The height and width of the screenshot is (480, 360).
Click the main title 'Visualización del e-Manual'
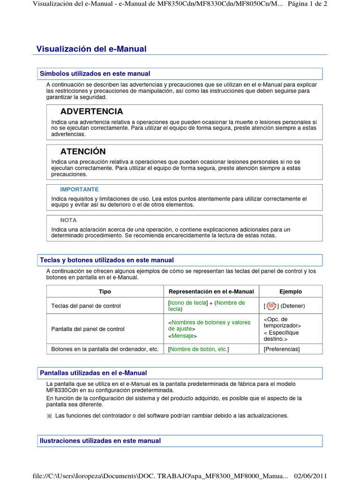[91, 49]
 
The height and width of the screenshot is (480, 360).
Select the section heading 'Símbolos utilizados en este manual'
[95, 74]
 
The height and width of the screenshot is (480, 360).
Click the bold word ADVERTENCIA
[92, 112]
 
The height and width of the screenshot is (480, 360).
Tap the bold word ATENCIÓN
[83, 151]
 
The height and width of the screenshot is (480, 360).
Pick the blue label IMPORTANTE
[79, 189]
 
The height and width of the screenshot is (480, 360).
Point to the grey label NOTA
[68, 220]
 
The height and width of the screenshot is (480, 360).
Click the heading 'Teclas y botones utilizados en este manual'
[107, 260]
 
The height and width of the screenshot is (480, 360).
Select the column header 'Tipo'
[105, 292]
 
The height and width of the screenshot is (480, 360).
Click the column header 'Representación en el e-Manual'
[211, 292]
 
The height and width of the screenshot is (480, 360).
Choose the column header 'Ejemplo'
[291, 292]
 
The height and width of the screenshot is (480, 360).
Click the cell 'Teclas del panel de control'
[86, 306]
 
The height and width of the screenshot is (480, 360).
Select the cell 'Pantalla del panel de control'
[88, 329]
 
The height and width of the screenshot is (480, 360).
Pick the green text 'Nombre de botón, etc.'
[199, 349]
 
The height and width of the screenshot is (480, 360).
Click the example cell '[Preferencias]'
[282, 349]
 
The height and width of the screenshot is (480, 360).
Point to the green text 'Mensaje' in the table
[183, 336]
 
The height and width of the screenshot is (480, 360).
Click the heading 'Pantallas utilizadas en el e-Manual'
[93, 373]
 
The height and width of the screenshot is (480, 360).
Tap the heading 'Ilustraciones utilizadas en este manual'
[100, 441]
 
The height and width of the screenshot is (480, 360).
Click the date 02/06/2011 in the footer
[310, 476]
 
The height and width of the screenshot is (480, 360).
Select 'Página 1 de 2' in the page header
[307, 4]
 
